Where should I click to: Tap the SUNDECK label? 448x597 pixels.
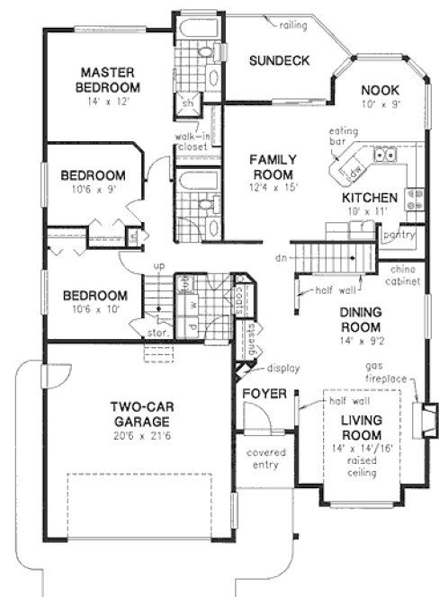click(279, 61)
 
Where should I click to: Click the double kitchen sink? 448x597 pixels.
click(388, 155)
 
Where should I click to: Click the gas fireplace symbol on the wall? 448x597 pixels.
click(418, 419)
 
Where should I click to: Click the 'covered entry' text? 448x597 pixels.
click(264, 459)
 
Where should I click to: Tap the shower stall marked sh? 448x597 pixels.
click(189, 102)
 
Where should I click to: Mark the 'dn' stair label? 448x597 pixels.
click(281, 257)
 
